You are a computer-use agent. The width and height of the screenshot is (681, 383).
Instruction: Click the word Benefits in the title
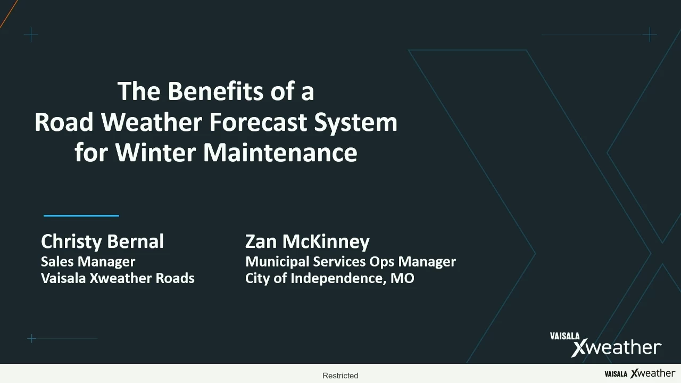point(215,91)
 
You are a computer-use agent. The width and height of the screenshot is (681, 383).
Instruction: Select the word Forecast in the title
point(258,122)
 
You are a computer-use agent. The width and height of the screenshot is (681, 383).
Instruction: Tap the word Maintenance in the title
point(280,152)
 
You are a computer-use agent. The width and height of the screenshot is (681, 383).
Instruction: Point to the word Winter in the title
point(155,152)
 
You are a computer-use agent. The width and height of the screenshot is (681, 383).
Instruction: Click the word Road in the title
point(64,122)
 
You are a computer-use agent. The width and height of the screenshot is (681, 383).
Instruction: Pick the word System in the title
point(356,123)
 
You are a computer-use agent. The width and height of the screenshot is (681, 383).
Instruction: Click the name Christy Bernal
point(103,242)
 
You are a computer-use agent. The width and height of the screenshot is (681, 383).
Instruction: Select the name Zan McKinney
point(308,242)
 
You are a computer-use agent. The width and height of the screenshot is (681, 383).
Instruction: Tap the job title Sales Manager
point(88,262)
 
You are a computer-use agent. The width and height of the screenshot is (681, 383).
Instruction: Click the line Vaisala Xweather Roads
point(118,278)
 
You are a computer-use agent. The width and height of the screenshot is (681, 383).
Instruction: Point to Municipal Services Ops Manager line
point(351,262)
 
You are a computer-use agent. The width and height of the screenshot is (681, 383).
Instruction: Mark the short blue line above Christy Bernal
point(81,215)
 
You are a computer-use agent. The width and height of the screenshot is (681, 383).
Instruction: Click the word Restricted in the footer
point(340,376)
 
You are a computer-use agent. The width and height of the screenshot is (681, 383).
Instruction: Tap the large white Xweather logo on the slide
point(605,345)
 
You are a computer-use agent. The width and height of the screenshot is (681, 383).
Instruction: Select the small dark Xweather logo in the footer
point(640,373)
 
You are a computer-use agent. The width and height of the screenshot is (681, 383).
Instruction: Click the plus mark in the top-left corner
point(31,35)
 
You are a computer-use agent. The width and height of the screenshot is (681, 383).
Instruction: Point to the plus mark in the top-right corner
point(650,35)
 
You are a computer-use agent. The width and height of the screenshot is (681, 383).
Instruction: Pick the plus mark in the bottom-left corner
point(31,338)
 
